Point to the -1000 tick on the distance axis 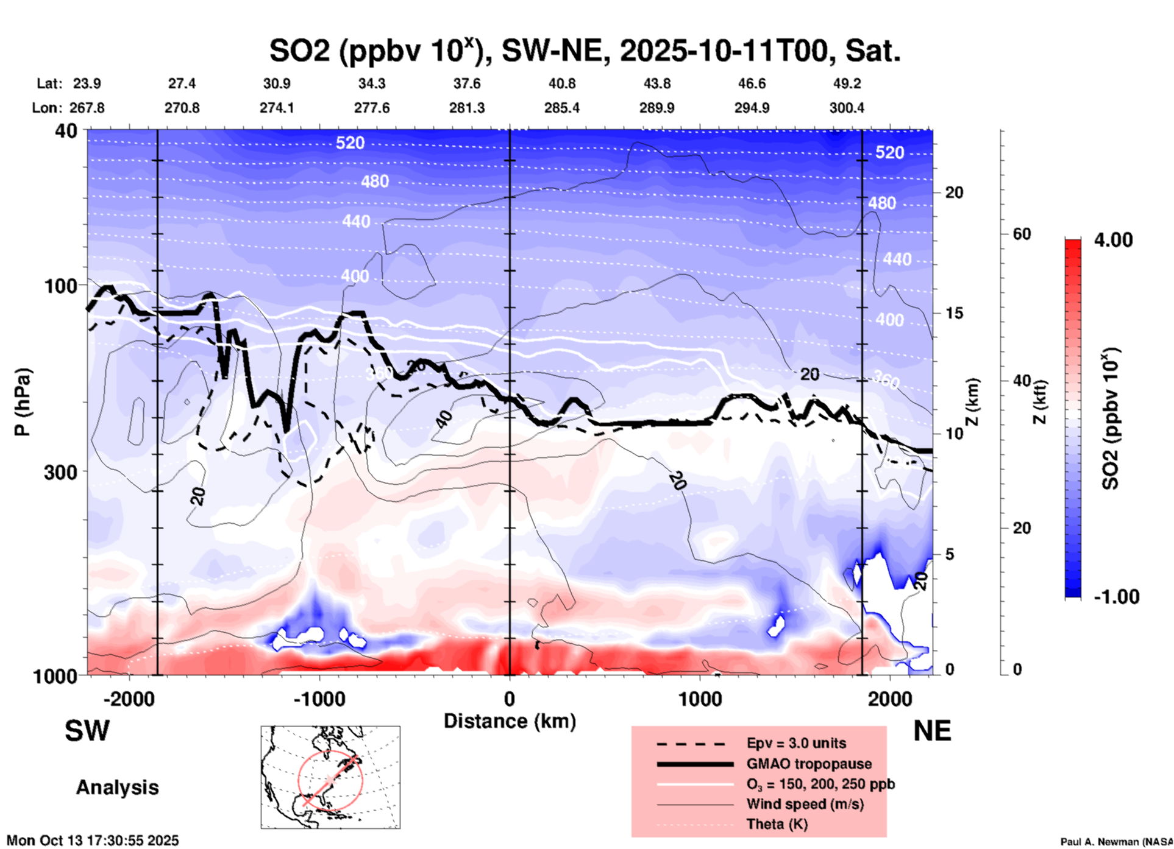point(319,699)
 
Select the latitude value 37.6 point(467,83)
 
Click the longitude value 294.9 point(752,108)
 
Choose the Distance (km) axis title point(510,721)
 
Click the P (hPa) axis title point(23,402)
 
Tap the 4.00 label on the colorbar point(1113,240)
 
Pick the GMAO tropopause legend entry point(809,764)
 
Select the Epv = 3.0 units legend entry point(796,744)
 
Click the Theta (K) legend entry point(777,824)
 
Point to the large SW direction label point(87,731)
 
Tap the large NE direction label point(932,731)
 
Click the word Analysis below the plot point(117,787)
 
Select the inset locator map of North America point(330,777)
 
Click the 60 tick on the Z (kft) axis point(1022,234)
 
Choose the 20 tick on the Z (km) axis point(954,192)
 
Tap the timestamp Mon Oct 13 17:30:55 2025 point(93,840)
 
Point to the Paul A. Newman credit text point(1115,842)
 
